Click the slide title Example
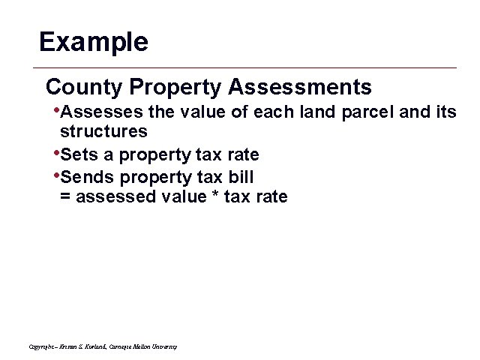(94, 41)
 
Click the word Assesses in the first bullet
(94, 113)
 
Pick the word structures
(103, 132)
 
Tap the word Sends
(82, 178)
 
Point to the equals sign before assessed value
(64, 197)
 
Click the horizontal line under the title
(247, 68)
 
